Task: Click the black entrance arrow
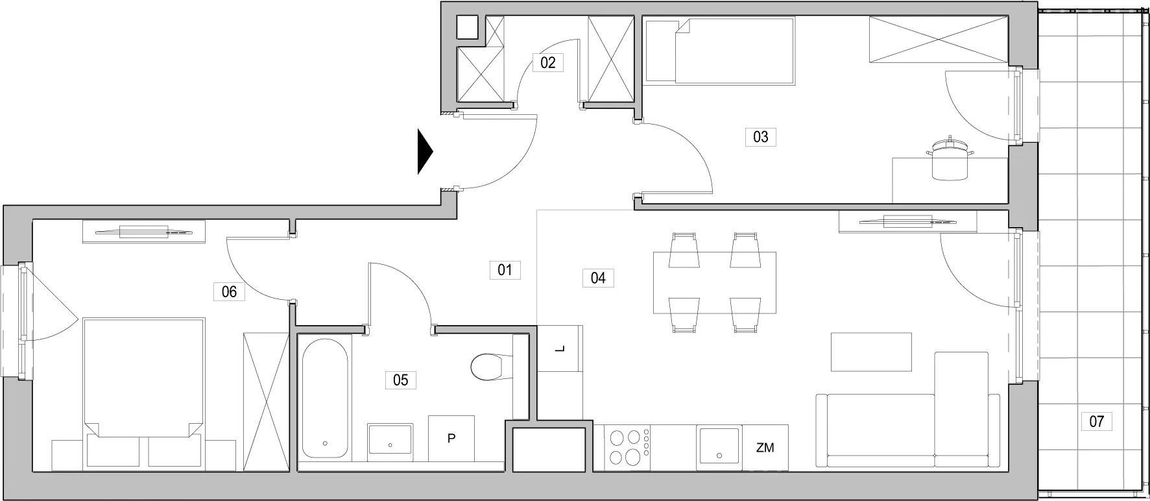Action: pyautogui.click(x=424, y=152)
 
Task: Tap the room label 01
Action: pyautogui.click(x=505, y=269)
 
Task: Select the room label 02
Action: pyautogui.click(x=548, y=62)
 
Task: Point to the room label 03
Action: pyautogui.click(x=760, y=137)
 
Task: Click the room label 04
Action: pyautogui.click(x=598, y=278)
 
